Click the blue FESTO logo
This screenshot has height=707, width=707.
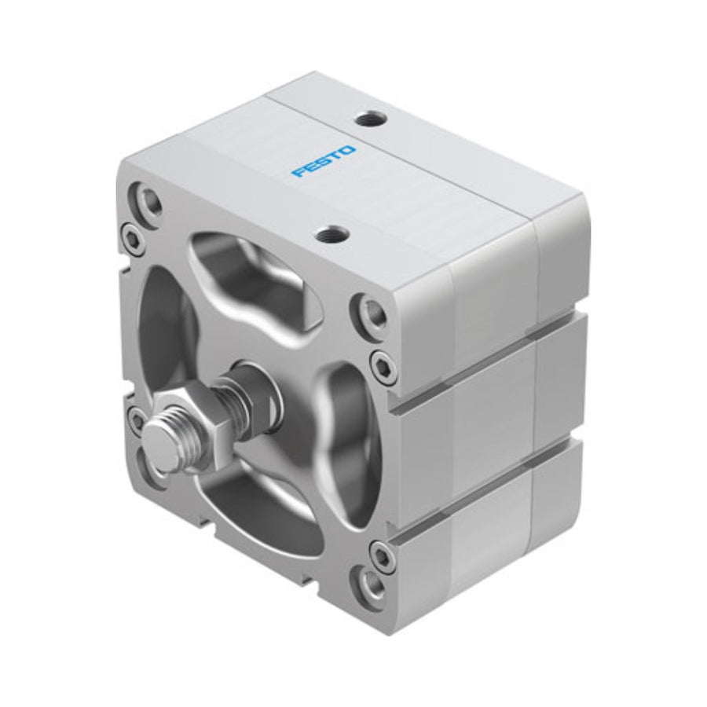pyautogui.click(x=324, y=161)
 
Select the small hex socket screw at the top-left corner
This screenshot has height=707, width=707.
pyautogui.click(x=132, y=236)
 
